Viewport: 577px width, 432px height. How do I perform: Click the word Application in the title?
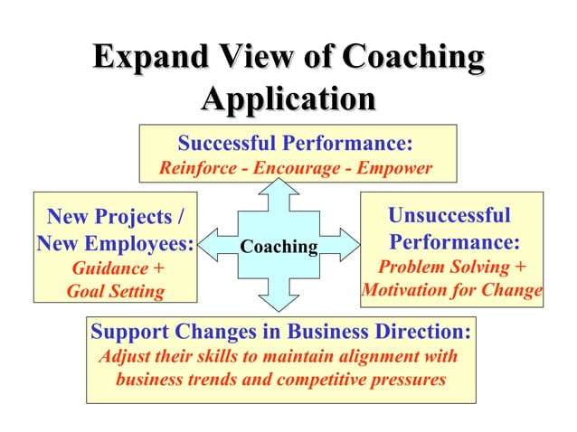pos(288,98)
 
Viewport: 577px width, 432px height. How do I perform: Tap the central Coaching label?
pos(279,247)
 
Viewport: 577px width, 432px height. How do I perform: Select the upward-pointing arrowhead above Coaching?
pos(279,189)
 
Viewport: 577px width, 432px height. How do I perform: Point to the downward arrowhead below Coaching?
pos(279,300)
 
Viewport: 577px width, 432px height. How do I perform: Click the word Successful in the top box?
pos(227,144)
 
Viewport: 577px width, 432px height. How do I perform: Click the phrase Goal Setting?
pos(116,292)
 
